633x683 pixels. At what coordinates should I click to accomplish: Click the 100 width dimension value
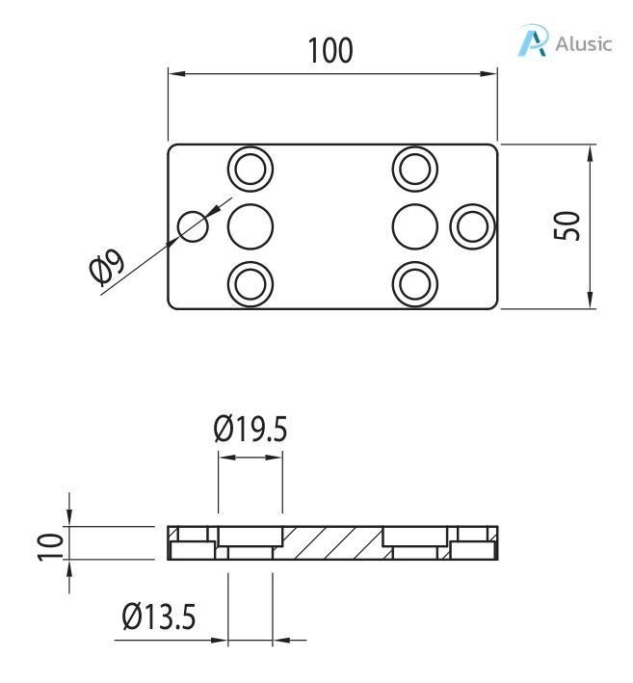[330, 50]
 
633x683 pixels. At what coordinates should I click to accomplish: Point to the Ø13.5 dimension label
[160, 616]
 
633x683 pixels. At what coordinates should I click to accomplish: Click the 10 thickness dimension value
[51, 544]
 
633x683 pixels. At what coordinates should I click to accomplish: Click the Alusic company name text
[584, 43]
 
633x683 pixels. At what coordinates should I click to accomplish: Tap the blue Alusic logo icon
[533, 40]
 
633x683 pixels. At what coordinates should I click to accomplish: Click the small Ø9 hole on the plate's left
[193, 226]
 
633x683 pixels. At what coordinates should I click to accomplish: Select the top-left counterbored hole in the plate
[251, 170]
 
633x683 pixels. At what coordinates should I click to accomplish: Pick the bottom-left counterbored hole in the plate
[251, 283]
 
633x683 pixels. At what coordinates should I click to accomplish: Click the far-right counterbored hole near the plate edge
[473, 226]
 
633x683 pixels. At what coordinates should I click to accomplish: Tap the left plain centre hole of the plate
[251, 226]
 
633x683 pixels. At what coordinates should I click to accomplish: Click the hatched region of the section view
[332, 543]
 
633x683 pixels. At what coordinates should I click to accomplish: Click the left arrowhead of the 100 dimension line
[174, 72]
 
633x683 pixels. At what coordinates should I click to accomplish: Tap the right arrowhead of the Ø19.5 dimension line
[277, 459]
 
